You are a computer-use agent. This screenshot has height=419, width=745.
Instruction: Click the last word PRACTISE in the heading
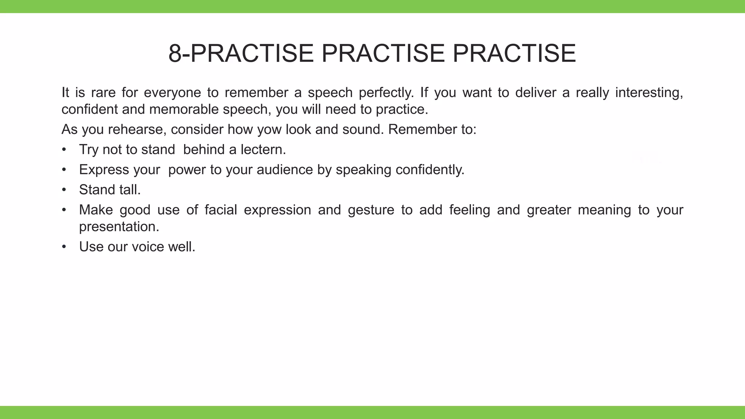[514, 53]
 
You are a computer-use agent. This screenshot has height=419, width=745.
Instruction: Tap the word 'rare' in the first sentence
[103, 93]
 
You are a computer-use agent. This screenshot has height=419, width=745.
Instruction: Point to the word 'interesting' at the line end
[649, 93]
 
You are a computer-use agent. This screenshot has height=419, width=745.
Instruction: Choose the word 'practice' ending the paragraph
[402, 109]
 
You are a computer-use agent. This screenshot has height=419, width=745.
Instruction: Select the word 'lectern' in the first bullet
[263, 149]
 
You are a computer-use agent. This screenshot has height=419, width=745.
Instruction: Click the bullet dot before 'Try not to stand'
[64, 149]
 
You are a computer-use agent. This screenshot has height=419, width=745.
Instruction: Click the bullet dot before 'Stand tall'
[64, 190]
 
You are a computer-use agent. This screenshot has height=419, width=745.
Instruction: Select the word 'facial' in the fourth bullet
[221, 210]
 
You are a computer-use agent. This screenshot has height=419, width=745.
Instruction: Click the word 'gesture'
[371, 210]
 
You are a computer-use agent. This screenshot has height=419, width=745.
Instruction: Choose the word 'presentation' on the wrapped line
[119, 227]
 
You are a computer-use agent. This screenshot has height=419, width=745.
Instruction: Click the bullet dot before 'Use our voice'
[64, 247]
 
